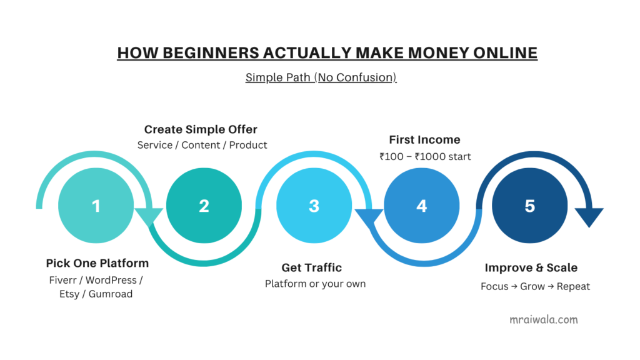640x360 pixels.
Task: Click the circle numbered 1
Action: pyautogui.click(x=96, y=206)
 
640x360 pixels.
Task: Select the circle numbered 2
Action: pyautogui.click(x=204, y=206)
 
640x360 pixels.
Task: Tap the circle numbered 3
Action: pyautogui.click(x=314, y=206)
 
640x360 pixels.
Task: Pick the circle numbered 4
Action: pyautogui.click(x=422, y=206)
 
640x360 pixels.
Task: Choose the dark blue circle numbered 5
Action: pyautogui.click(x=530, y=206)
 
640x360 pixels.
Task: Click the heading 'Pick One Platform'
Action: pyautogui.click(x=97, y=263)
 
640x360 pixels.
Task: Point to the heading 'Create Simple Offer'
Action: pyautogui.click(x=201, y=129)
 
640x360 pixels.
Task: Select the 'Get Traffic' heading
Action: pyautogui.click(x=312, y=267)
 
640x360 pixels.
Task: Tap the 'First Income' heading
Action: pyautogui.click(x=424, y=139)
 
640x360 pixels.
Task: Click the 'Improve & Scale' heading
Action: pyautogui.click(x=531, y=267)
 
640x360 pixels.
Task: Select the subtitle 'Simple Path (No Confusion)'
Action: pyautogui.click(x=321, y=77)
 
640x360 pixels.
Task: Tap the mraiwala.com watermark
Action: pyautogui.click(x=544, y=319)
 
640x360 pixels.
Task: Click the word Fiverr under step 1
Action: pyautogui.click(x=63, y=280)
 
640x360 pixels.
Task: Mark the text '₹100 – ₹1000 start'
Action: pyautogui.click(x=425, y=156)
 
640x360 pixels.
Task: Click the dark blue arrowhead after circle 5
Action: pyautogui.click(x=589, y=217)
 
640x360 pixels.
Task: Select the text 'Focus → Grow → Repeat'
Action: pyautogui.click(x=536, y=286)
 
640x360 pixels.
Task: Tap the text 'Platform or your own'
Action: pyautogui.click(x=315, y=284)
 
